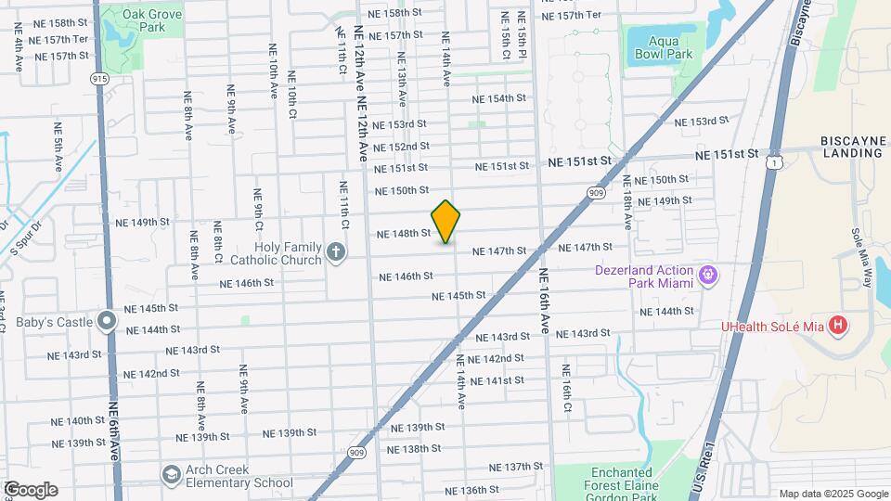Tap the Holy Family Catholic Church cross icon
click(x=336, y=250)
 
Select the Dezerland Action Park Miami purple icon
click(x=708, y=275)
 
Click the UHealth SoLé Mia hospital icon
click(x=838, y=325)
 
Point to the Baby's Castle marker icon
click(x=108, y=322)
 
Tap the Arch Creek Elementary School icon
click(x=171, y=475)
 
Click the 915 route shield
click(x=100, y=79)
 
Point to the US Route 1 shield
click(x=772, y=162)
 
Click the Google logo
click(x=30, y=489)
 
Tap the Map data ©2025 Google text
click(x=833, y=494)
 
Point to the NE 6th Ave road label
click(x=114, y=426)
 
